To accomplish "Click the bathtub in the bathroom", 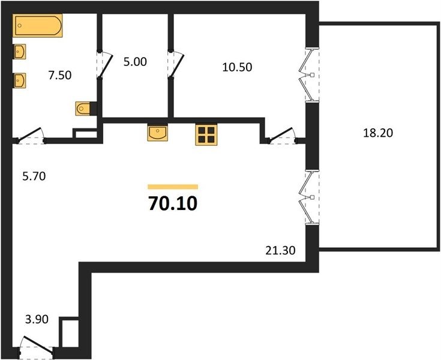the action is [37, 26].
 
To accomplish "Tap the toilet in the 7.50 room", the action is [83, 108].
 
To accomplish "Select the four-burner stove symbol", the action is [206, 135].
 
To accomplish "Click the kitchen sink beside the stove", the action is [157, 133].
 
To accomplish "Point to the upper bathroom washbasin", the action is [20, 52].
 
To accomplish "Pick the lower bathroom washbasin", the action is [20, 81].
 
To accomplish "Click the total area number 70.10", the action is [173, 203].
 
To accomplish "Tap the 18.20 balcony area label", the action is [378, 133].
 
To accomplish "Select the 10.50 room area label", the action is [237, 67].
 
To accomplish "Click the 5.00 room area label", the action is [135, 62].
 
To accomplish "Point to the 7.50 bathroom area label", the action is [59, 75].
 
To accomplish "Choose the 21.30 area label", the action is [280, 250].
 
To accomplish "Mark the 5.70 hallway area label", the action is [34, 176].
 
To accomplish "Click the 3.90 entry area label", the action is [37, 319].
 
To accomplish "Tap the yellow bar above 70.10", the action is [173, 187].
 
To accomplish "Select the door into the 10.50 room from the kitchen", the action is [281, 135].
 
